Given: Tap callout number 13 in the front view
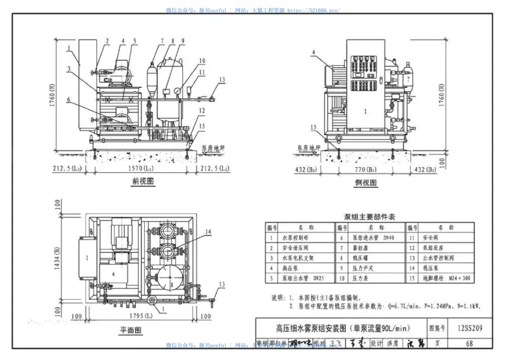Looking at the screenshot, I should [222, 79].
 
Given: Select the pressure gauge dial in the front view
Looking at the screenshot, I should [178, 90].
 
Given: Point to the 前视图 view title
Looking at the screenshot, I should [144, 182].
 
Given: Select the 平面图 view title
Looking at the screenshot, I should [130, 330].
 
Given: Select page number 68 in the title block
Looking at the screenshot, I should [469, 344].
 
